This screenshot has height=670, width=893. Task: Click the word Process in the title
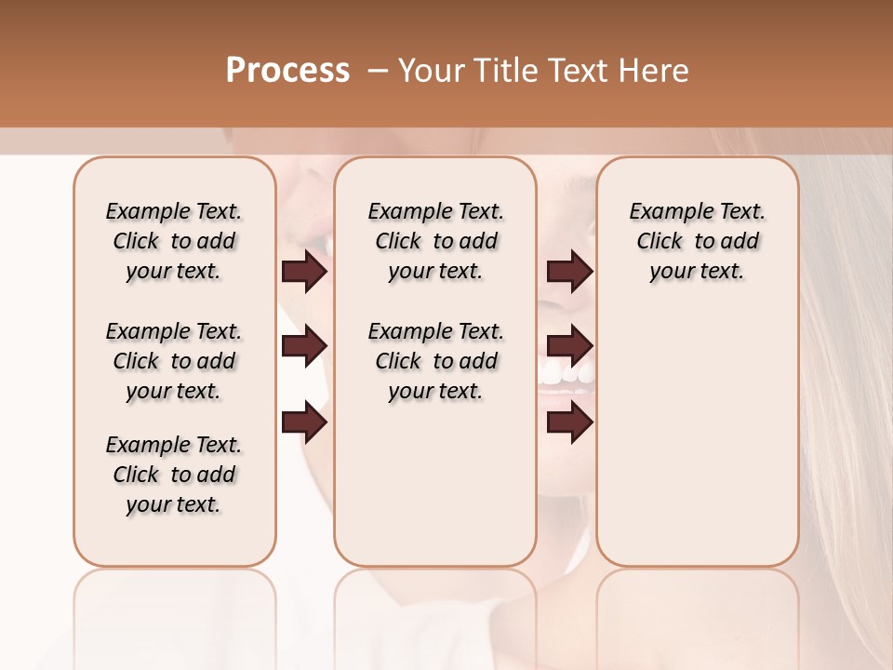coord(287,71)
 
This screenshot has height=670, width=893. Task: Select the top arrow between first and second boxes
coord(304,272)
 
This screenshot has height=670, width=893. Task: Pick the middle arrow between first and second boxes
coord(304,347)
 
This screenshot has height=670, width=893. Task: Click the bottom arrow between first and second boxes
coord(304,422)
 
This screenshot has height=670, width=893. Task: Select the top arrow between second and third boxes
coord(570,272)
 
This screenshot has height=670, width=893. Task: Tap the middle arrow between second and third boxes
coord(570,347)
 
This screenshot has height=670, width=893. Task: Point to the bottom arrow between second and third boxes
coord(570,422)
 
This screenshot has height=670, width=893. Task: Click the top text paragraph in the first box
coord(174,241)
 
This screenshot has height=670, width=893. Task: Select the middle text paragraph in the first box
coord(174,361)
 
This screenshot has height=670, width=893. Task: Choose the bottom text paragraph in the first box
coord(174,475)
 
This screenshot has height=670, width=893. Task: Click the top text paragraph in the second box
coord(435,241)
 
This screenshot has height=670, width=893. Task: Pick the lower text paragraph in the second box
coord(435,361)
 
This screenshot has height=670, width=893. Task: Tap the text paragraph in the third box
coord(697,241)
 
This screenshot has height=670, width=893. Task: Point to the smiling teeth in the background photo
coord(566,375)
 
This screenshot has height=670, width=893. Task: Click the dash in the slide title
coord(377,71)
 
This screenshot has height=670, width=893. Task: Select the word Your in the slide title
coord(433,71)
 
